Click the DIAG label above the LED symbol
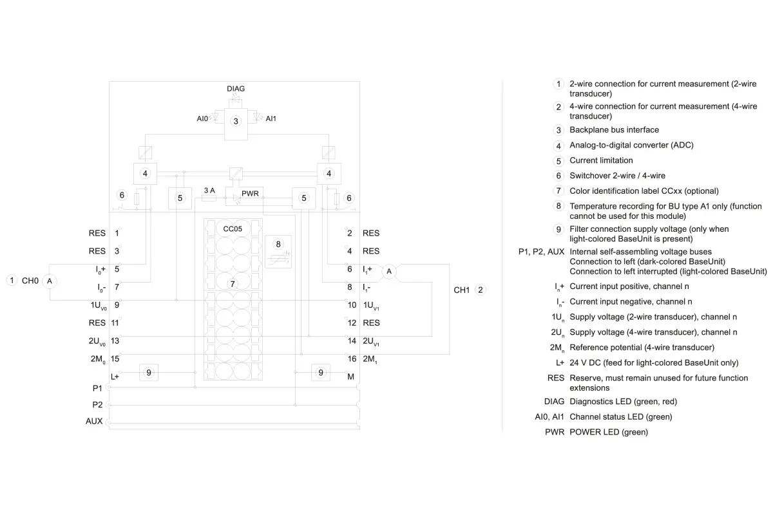[x=236, y=89]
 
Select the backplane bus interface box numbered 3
[x=236, y=124]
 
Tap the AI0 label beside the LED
[x=202, y=118]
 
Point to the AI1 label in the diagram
[x=271, y=118]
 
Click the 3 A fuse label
[x=209, y=191]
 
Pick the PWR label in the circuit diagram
[x=250, y=194]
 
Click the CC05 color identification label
[x=233, y=229]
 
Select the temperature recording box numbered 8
[x=278, y=252]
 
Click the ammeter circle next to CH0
[x=50, y=281]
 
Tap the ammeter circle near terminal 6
[x=389, y=272]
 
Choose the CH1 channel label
[x=462, y=290]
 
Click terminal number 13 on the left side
[x=115, y=341]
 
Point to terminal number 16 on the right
[x=352, y=359]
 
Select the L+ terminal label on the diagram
[x=115, y=377]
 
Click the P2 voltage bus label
[x=97, y=405]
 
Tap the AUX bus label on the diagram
[x=94, y=421]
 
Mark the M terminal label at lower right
[x=350, y=377]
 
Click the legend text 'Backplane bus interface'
[x=615, y=129]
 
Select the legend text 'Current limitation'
[x=601, y=160]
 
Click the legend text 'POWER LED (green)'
[x=609, y=432]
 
